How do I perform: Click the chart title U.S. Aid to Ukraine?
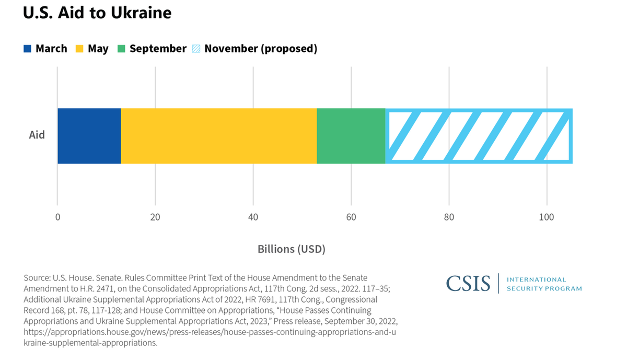97,13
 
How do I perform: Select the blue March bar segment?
89,136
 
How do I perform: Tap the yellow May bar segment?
218,136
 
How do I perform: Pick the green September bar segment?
351,136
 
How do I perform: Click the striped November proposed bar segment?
479,136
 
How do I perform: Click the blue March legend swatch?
27,49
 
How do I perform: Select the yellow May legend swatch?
79,49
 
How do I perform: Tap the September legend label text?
158,49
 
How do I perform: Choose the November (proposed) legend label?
261,49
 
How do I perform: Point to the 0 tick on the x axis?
57,217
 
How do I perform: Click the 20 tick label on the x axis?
155,217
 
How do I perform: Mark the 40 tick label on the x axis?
253,217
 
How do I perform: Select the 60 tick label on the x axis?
351,217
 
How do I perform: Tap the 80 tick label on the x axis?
449,217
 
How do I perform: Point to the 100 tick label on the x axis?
547,217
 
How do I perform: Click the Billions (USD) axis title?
291,249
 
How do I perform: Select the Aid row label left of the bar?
37,135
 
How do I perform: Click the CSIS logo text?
468,284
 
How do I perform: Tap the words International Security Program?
544,284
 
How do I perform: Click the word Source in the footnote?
37,278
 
